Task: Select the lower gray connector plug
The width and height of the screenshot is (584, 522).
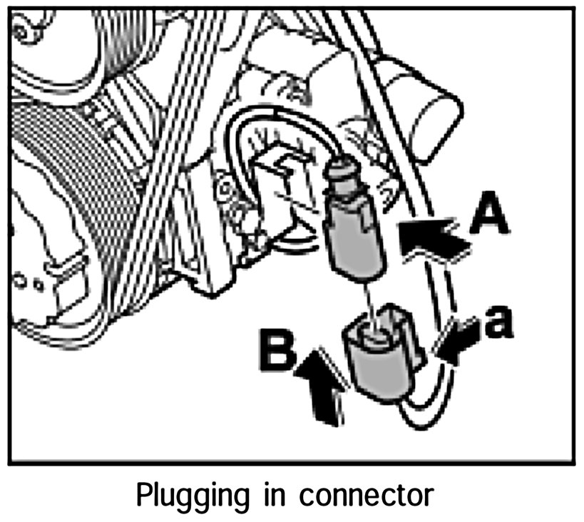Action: (378, 357)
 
